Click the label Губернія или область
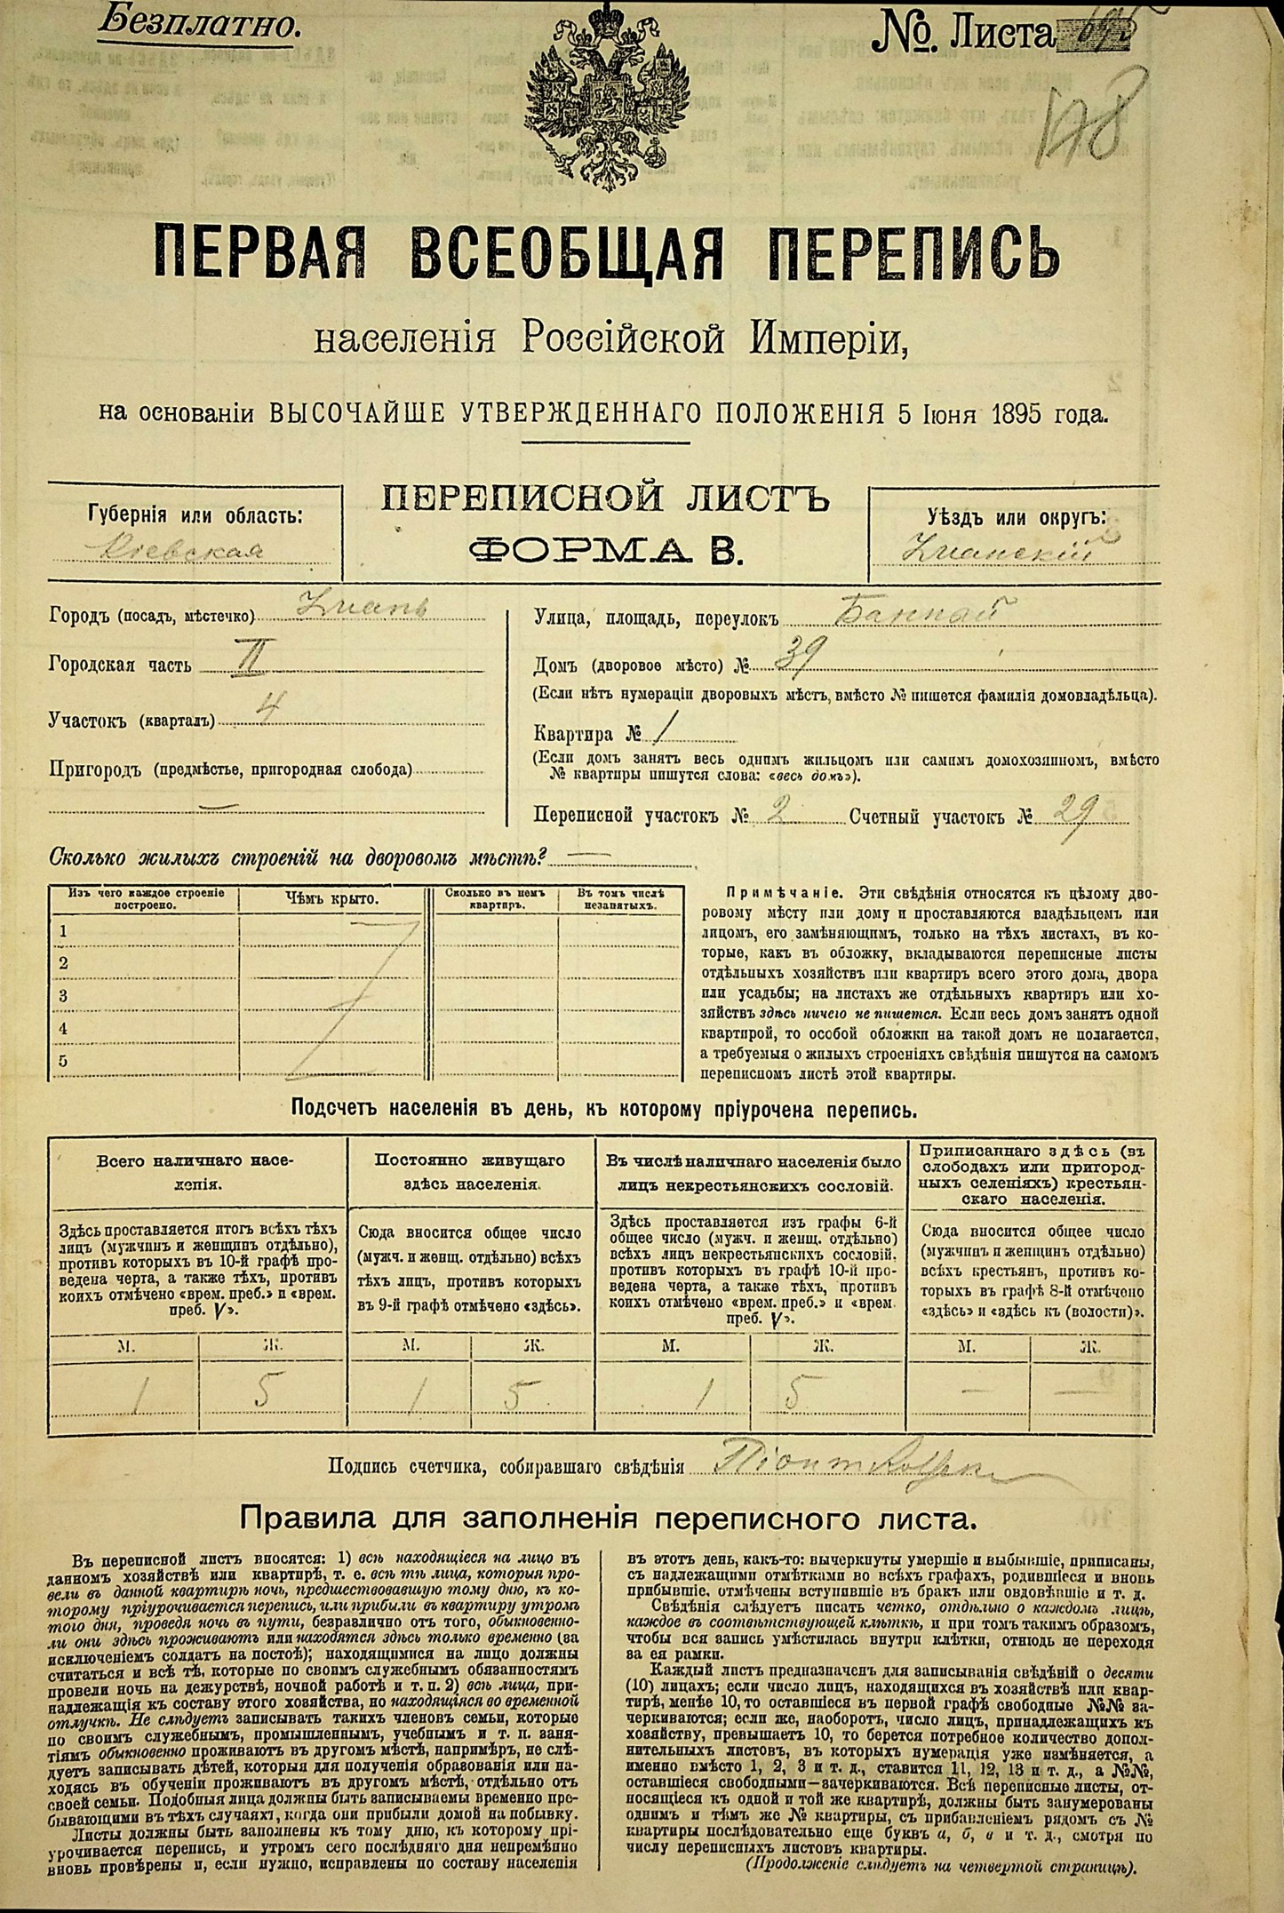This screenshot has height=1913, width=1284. pyautogui.click(x=195, y=515)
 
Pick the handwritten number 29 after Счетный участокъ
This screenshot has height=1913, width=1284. pyautogui.click(x=1076, y=809)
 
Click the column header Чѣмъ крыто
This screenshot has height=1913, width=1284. pyautogui.click(x=331, y=898)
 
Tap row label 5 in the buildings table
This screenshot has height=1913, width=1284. pyautogui.click(x=63, y=1060)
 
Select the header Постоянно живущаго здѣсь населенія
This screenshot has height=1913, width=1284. pyautogui.click(x=471, y=1172)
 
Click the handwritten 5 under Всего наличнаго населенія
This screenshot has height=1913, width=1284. pyautogui.click(x=262, y=1394)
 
